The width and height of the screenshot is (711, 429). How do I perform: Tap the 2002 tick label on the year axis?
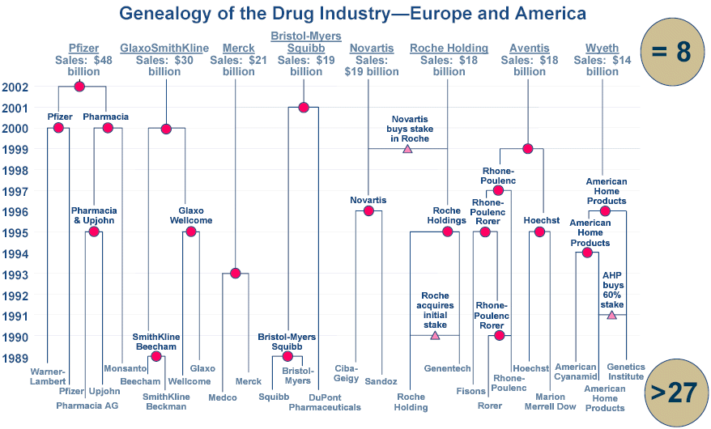(17, 87)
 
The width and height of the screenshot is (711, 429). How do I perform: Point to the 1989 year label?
(17, 357)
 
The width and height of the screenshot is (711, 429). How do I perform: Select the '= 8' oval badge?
(671, 51)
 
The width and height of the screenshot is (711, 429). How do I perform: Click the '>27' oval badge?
(672, 392)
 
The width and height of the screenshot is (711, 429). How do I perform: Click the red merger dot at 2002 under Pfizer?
(79, 87)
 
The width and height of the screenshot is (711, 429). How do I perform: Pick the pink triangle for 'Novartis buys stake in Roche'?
(407, 148)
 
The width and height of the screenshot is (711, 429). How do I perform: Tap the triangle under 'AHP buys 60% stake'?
(612, 315)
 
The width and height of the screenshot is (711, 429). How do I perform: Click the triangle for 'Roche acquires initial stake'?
(435, 334)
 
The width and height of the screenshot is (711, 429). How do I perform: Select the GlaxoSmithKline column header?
(164, 49)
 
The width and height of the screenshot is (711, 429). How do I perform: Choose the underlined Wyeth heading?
(602, 49)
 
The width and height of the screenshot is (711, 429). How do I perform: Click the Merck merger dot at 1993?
(235, 273)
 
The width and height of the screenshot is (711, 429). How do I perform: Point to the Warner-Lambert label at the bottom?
(47, 376)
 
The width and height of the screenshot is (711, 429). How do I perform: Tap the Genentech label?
(447, 369)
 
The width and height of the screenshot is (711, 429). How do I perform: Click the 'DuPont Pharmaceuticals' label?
(325, 401)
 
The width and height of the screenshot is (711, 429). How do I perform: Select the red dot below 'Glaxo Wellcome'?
(191, 231)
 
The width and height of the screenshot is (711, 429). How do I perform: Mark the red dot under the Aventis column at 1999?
(528, 148)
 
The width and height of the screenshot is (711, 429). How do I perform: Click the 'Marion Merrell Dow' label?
(550, 401)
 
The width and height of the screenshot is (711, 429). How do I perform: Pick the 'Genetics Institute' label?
(625, 372)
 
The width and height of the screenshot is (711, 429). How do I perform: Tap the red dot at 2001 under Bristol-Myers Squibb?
(304, 107)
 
